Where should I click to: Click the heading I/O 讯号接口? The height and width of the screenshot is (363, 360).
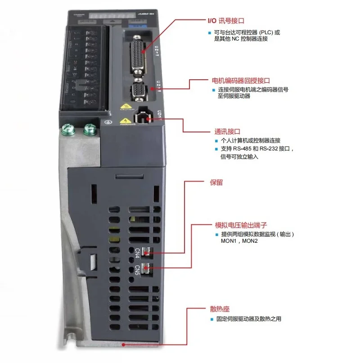coord(225,21)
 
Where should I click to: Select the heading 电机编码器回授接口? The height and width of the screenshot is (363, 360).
coord(241,81)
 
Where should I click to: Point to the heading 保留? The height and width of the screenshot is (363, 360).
coord(216,183)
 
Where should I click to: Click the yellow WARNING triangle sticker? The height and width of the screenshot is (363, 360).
coord(125,121)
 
